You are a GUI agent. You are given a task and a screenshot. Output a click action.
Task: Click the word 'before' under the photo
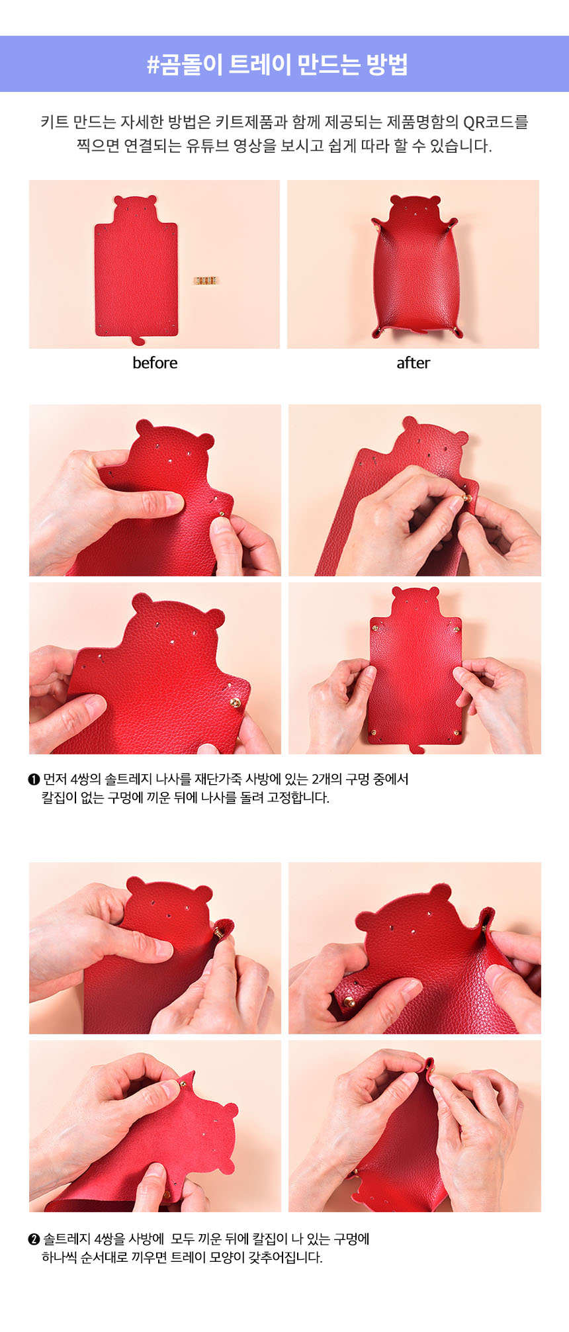tap(155, 363)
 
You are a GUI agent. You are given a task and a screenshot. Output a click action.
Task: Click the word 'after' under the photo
tap(414, 363)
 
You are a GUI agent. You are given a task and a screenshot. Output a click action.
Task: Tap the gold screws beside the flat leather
tap(206, 281)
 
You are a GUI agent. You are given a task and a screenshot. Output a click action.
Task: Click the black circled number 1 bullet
tap(34, 779)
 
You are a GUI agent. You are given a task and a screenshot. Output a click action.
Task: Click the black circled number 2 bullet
tap(34, 1239)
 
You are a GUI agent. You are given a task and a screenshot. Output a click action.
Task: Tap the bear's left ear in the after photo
tap(396, 200)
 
